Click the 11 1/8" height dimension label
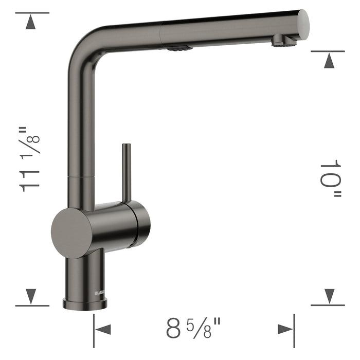click(30, 159)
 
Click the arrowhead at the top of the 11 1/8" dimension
click(32, 22)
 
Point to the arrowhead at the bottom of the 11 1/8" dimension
click(32, 295)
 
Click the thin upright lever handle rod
click(124, 173)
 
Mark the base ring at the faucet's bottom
click(85, 304)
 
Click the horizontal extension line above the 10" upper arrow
click(328, 51)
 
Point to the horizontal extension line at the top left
click(32, 13)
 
